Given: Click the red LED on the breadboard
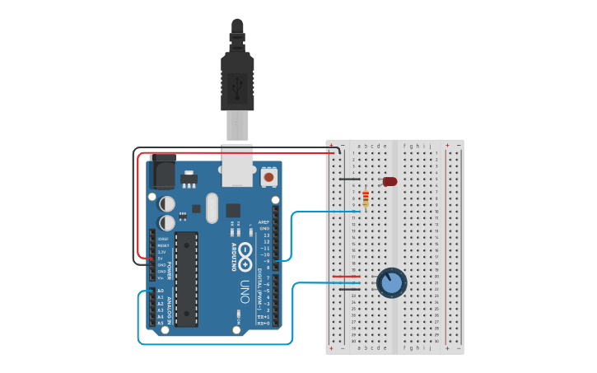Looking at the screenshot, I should coord(389,181).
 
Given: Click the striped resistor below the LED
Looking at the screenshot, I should coord(366,198).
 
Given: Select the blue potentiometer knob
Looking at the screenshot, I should coord(392,283).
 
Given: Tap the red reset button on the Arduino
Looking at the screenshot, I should coord(268,176).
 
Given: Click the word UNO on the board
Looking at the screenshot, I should coord(245,292).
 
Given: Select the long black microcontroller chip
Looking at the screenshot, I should coord(186,278).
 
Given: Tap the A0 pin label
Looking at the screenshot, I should coord(161,291).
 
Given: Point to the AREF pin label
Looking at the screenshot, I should coord(264,222).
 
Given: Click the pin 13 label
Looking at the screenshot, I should coord(265,235).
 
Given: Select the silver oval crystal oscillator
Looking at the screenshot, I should coord(212,207).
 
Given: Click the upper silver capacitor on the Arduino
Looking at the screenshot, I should coord(167,203).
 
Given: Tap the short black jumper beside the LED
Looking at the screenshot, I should coord(350,179).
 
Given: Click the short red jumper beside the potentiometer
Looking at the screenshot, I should coord(345,277).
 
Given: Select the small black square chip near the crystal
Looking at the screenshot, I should coord(233,210).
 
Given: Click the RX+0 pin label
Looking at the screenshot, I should coord(264,323).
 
